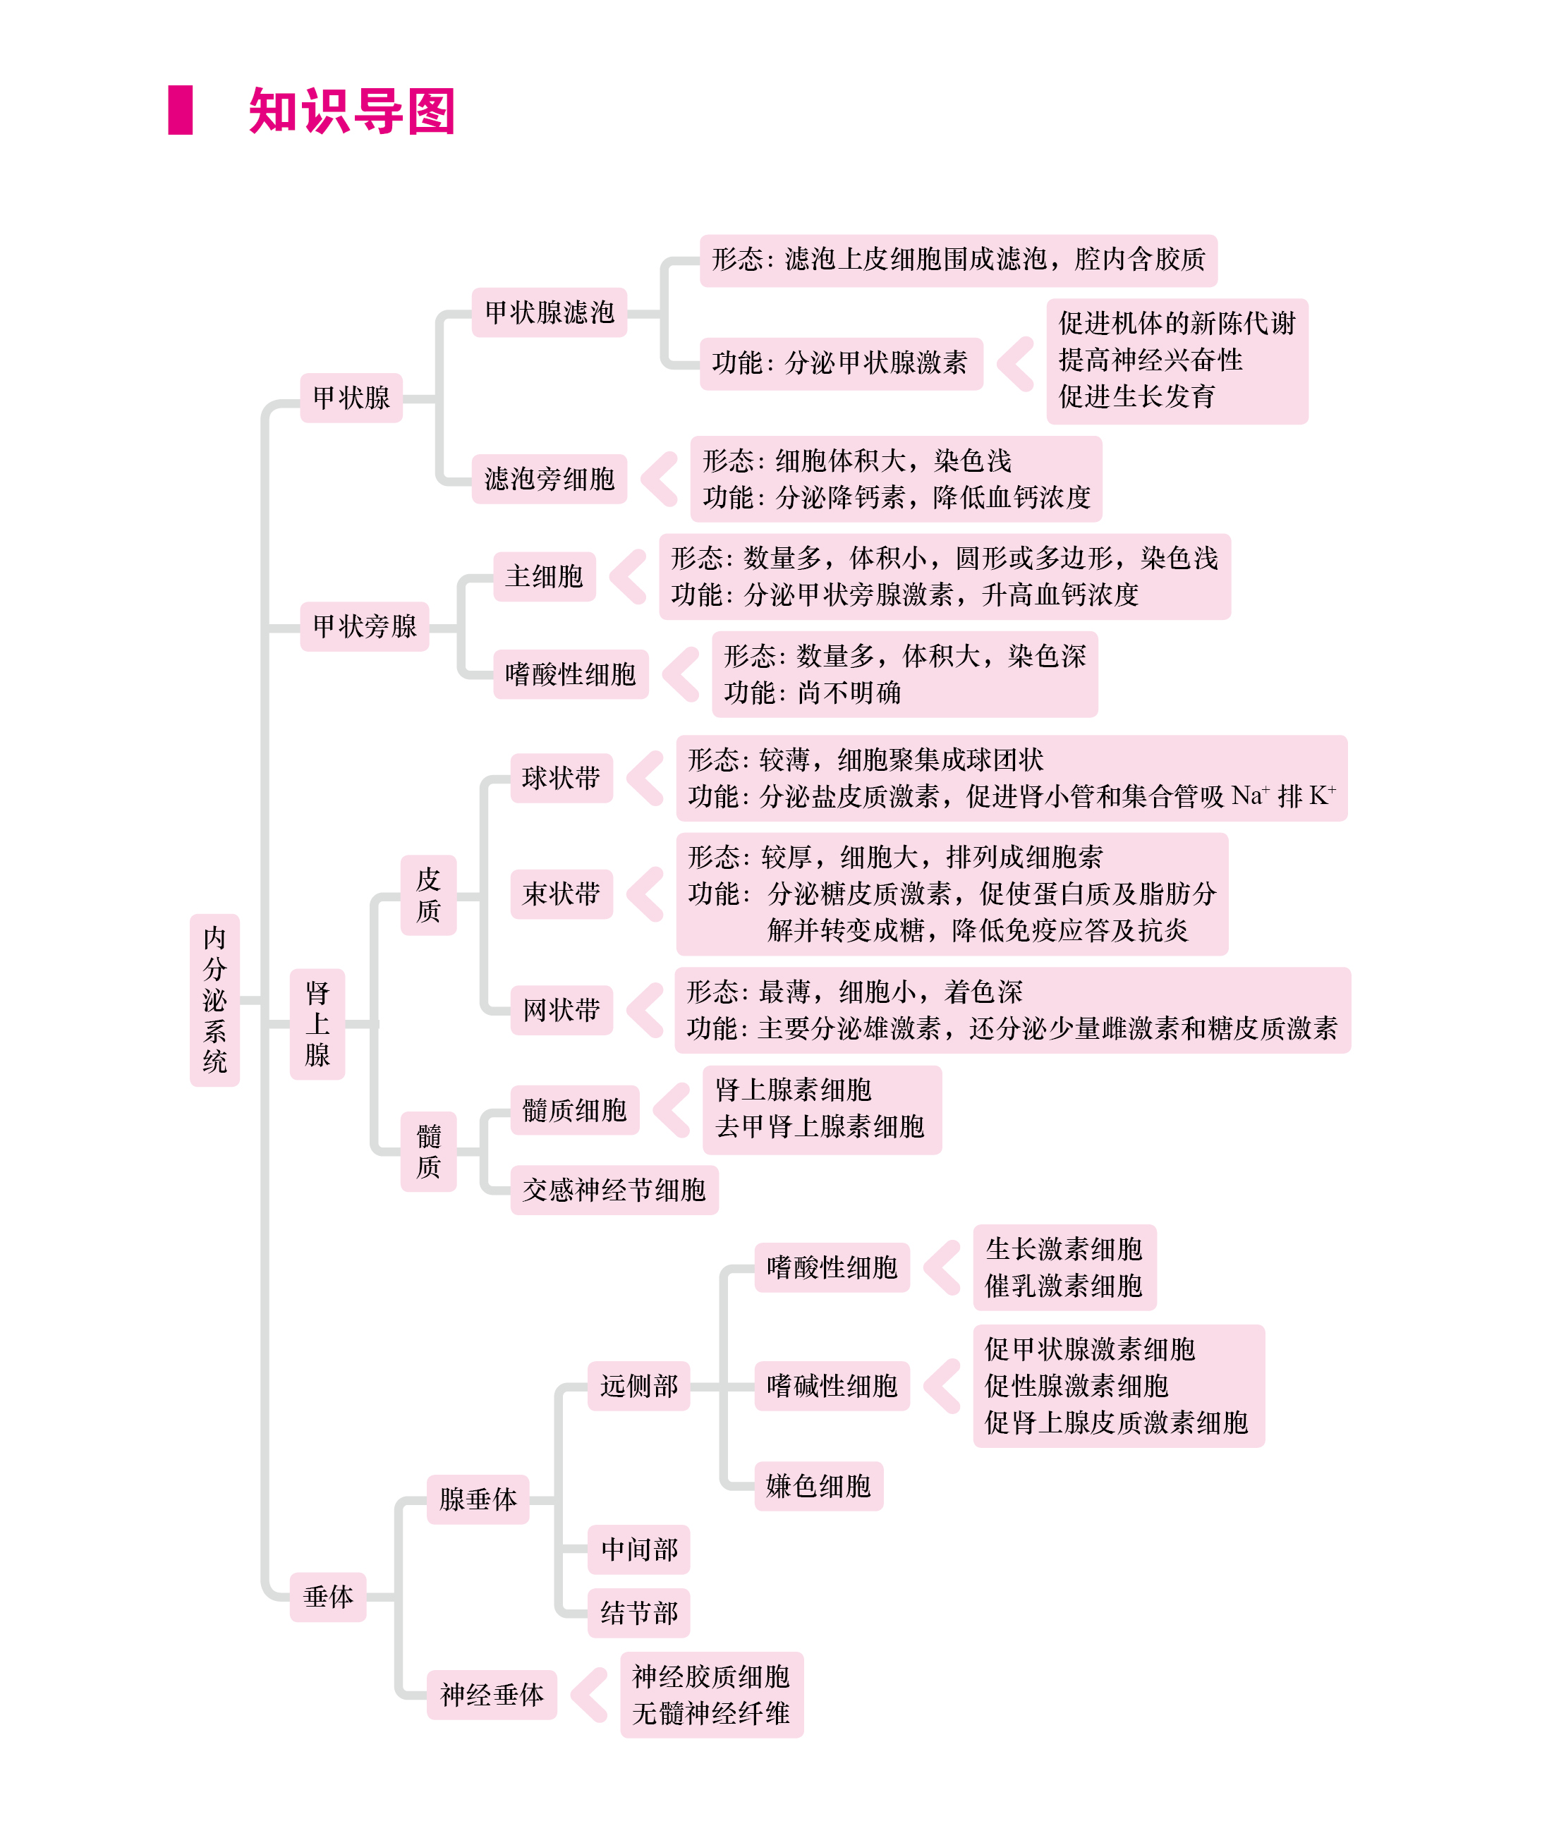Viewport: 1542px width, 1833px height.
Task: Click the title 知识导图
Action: pos(351,111)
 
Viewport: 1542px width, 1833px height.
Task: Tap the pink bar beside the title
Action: pos(180,110)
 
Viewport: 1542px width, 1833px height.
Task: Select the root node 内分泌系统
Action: pos(214,1000)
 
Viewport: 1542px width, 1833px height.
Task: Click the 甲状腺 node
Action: pos(351,398)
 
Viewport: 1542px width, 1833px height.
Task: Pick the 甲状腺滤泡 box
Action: pos(550,312)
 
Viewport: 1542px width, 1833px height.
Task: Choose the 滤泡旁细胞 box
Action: pos(550,479)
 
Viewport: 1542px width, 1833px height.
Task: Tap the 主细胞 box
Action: pos(545,577)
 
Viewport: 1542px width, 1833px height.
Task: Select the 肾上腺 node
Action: pos(317,1025)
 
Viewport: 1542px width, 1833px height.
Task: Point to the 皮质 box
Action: pos(428,895)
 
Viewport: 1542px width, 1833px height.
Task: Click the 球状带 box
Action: pos(561,778)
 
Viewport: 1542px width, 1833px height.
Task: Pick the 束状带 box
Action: pos(561,894)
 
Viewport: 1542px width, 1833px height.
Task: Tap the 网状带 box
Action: pos(561,1011)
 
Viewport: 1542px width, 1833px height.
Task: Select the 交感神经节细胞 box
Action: pos(614,1190)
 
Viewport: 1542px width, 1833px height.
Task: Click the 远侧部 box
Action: pos(639,1385)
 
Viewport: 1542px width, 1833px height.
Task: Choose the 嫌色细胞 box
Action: pos(819,1486)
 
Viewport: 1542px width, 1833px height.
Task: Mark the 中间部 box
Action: pos(639,1549)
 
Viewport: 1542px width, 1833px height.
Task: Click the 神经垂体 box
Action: pos(492,1695)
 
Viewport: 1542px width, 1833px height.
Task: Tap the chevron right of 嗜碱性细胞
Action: pos(942,1385)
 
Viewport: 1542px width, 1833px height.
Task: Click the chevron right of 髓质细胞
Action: pos(672,1110)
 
